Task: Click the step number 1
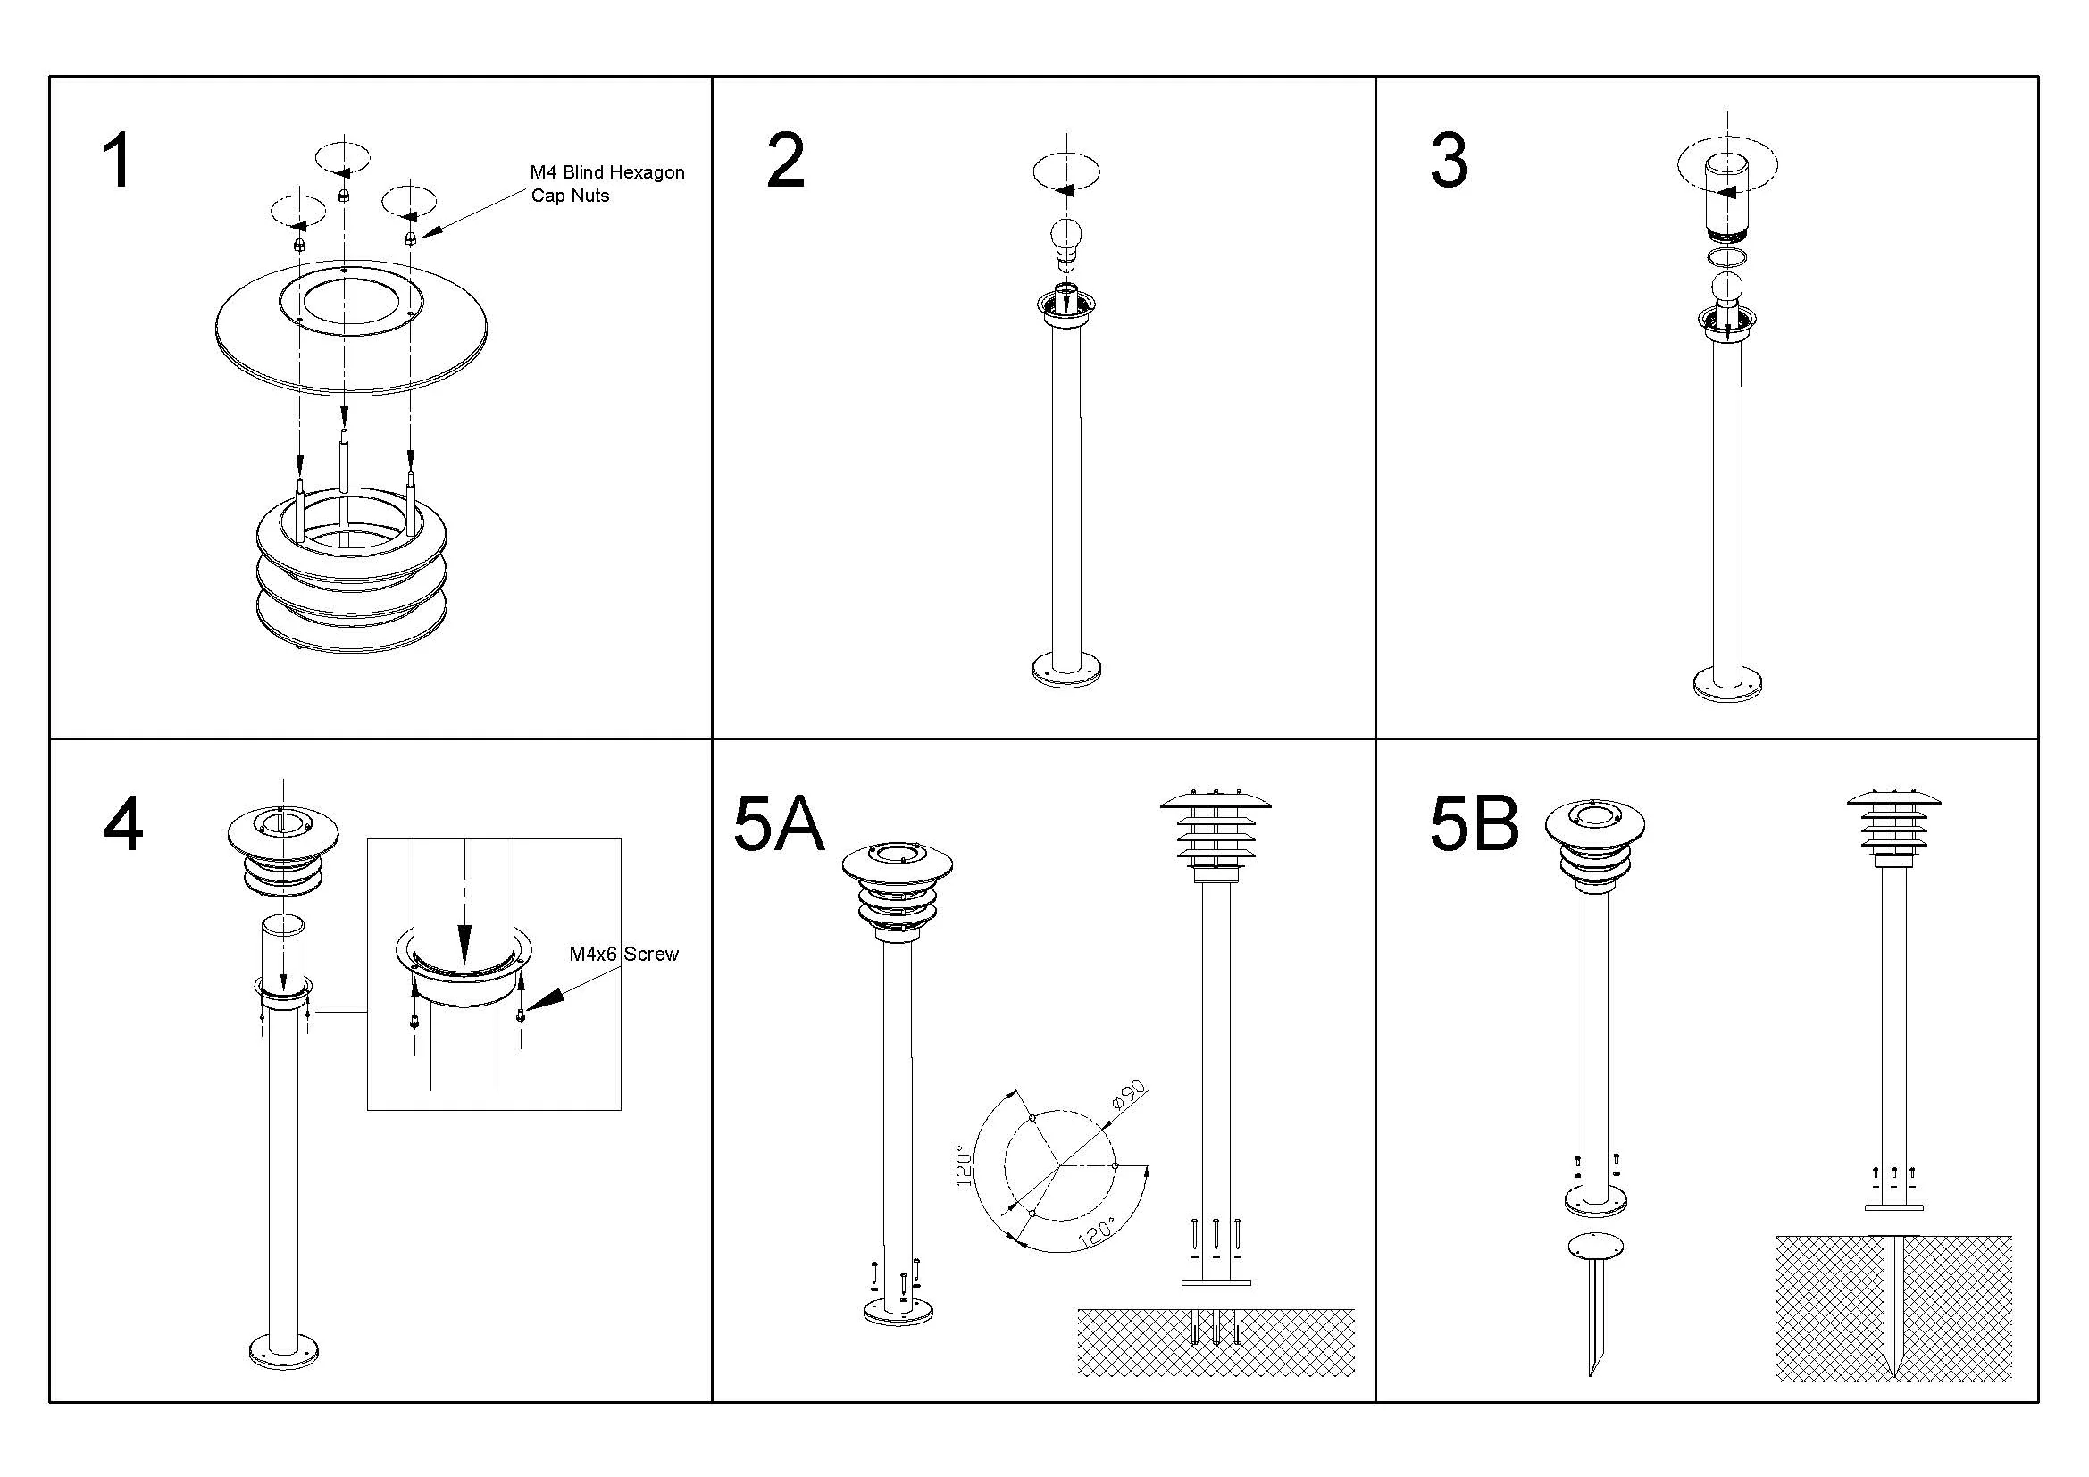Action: tap(117, 161)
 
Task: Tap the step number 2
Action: tap(785, 161)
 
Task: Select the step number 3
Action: tap(1449, 161)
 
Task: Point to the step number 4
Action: tap(123, 824)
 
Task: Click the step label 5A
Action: tap(778, 826)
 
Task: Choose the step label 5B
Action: tap(1473, 824)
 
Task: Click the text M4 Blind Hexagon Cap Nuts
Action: tap(606, 184)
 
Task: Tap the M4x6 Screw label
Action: tap(623, 954)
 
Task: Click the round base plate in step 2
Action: tap(1067, 672)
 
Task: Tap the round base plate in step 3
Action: tap(1727, 684)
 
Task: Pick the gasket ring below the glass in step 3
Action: tap(1726, 257)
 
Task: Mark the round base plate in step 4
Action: tap(284, 1351)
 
